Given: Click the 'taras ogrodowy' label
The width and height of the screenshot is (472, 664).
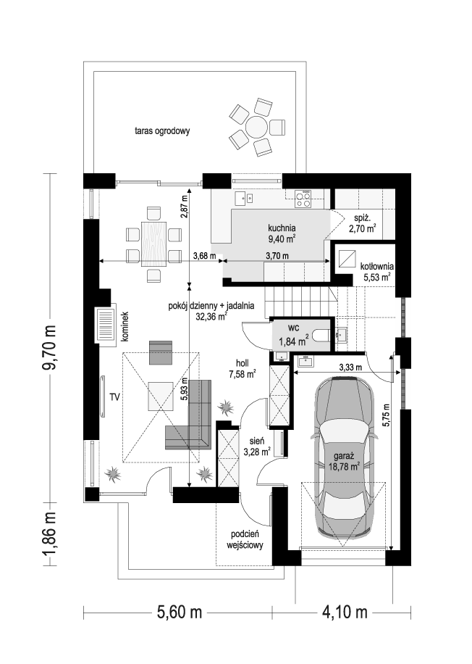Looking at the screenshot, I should pyautogui.click(x=161, y=131).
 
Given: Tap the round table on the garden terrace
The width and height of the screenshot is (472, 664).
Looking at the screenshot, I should pyautogui.click(x=256, y=127).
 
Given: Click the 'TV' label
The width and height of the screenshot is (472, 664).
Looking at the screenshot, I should pyautogui.click(x=115, y=397).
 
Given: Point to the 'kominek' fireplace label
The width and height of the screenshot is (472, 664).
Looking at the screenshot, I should pyautogui.click(x=125, y=326).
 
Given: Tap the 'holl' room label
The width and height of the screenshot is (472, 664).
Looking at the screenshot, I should pyautogui.click(x=243, y=364).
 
